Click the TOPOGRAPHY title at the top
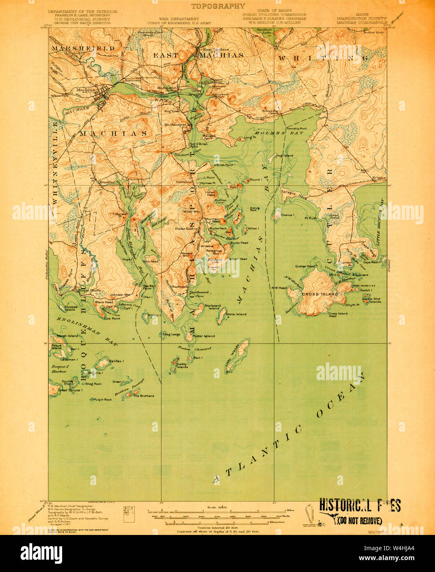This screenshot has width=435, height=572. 218,6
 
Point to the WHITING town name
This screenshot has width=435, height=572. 323,58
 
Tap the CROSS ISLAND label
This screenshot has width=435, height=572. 320,294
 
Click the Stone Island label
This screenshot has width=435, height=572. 236,314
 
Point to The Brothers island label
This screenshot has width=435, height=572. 144,396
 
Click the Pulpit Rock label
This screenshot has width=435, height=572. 102,399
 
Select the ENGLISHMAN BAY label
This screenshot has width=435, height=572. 83,331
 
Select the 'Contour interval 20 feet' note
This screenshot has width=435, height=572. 218,527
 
